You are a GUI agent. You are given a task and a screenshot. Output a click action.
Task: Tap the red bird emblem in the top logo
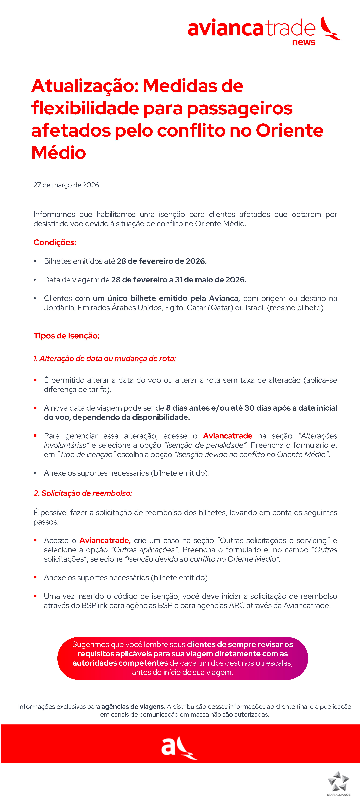click(330, 29)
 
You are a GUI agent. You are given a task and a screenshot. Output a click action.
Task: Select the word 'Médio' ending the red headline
click(59, 153)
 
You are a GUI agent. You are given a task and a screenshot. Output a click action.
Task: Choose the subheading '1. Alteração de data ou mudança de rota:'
click(105, 358)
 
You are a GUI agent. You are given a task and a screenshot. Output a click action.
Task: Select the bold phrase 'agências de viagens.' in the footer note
click(133, 707)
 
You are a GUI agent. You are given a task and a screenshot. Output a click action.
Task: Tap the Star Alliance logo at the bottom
click(338, 783)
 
